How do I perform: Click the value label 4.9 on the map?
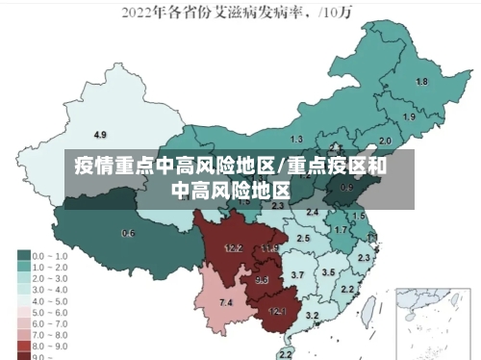coord(100,134)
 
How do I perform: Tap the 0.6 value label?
coord(128,234)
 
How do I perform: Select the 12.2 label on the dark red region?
coord(233,248)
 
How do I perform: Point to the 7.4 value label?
coord(226,302)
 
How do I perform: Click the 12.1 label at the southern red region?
coord(277,311)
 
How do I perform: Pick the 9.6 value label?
coord(262,280)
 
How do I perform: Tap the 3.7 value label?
coord(298,275)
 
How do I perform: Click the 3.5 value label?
coord(328,272)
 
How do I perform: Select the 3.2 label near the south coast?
coord(312,315)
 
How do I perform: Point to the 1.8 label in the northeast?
coord(421,82)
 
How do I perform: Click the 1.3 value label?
coord(296,140)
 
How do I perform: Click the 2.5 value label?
coord(304,238)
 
